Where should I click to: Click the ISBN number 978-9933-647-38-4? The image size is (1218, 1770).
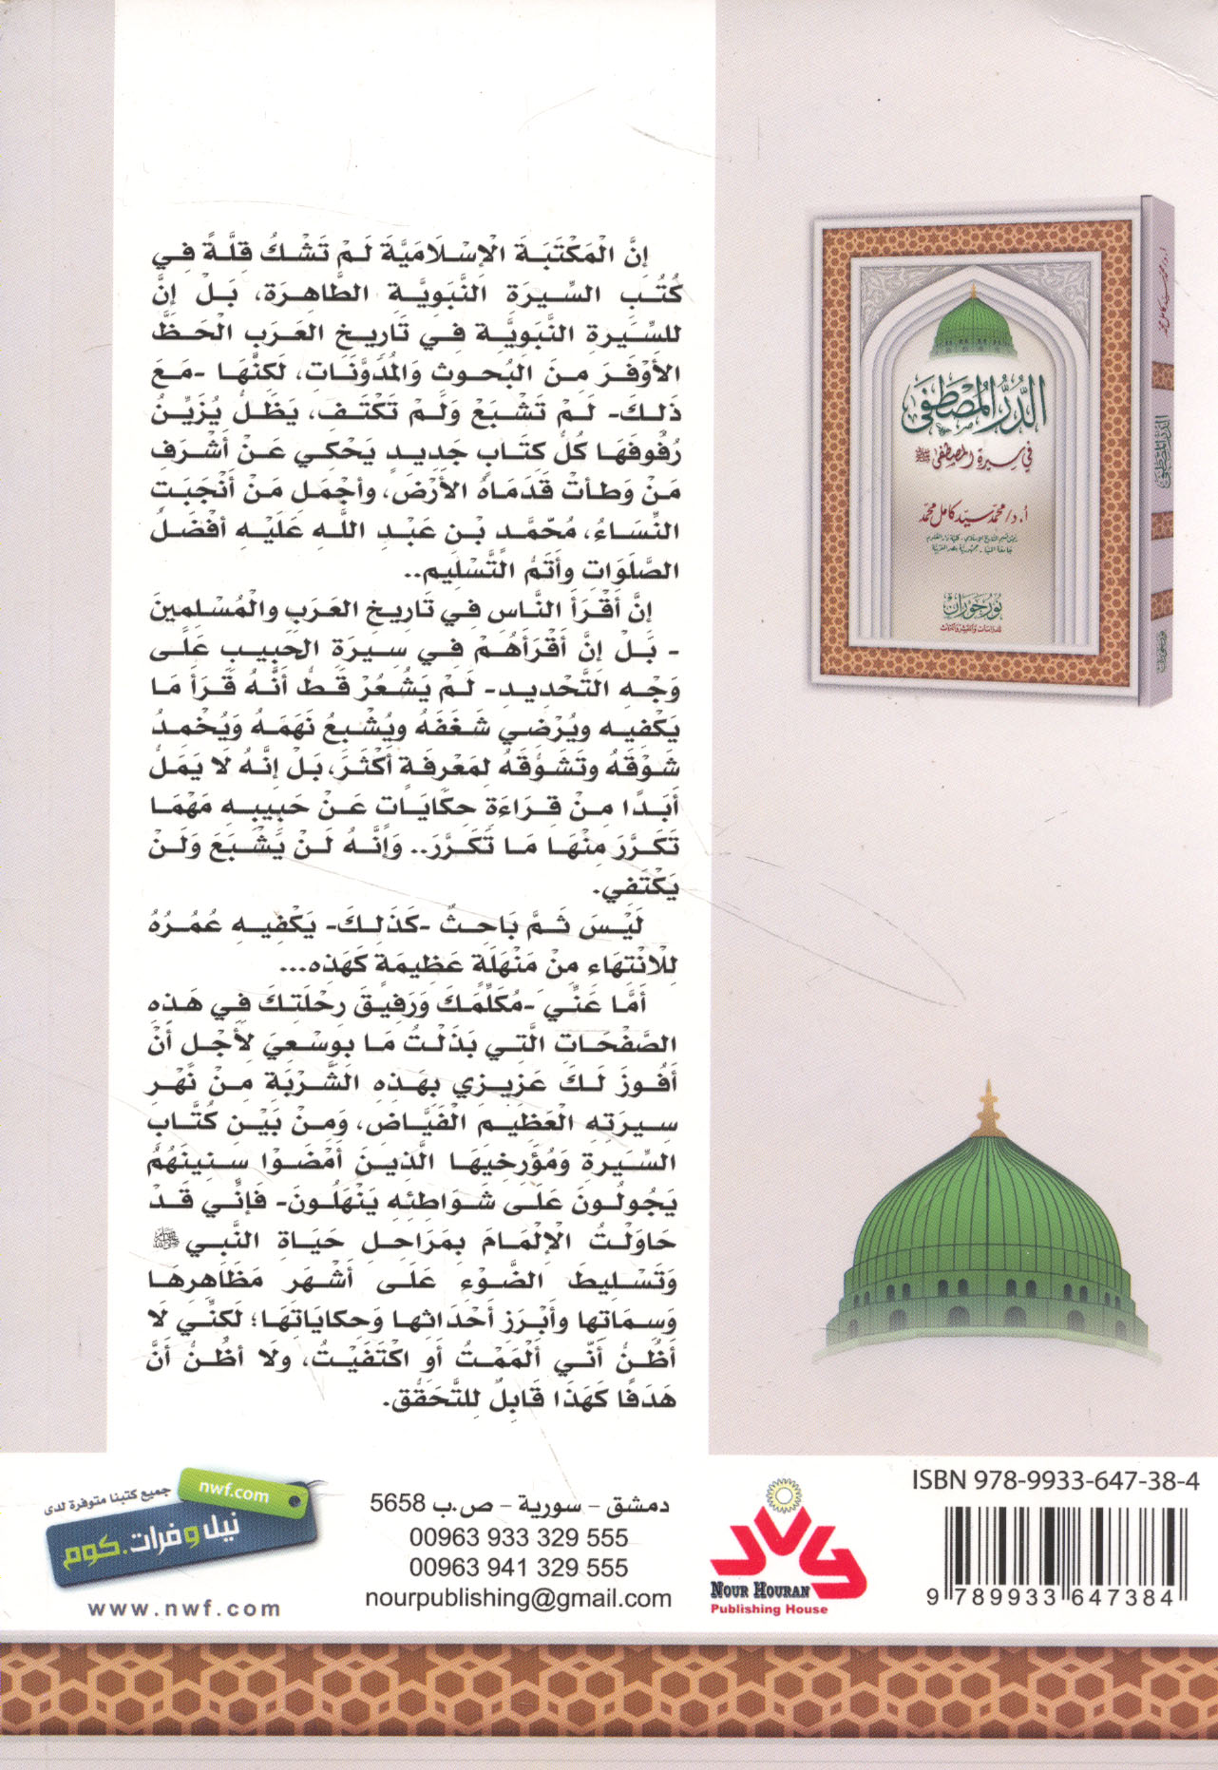(1055, 1479)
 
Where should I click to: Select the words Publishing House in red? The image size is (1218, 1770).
(769, 1608)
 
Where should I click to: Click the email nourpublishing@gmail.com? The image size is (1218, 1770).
(518, 1598)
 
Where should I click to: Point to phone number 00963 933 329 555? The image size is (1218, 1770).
(518, 1537)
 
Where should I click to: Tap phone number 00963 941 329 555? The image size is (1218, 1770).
(518, 1568)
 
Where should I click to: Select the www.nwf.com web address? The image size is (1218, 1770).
(184, 1608)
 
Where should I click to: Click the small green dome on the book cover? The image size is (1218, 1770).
(974, 323)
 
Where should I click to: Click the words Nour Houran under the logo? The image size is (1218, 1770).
(760, 1589)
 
